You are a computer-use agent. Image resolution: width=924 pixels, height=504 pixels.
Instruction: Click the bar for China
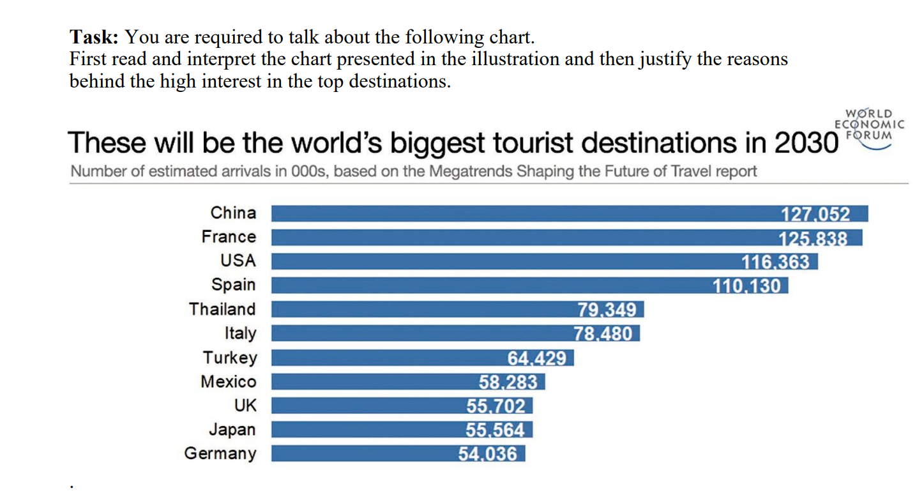coord(511,213)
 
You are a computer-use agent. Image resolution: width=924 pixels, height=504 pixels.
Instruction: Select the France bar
coord(511,238)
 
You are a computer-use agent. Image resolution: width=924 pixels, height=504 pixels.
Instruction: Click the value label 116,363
coord(775,262)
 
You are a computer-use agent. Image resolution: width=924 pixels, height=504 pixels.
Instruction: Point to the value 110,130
coord(746,286)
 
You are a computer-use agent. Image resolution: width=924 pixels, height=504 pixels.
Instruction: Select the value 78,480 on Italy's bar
coord(603,334)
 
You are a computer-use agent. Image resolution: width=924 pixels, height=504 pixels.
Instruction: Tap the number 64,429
coord(537,358)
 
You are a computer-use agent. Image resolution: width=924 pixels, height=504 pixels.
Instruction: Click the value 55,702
coord(496,406)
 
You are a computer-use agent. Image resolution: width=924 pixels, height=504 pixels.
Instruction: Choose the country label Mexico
coord(228,382)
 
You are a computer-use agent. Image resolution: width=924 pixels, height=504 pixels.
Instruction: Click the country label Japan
coord(232,430)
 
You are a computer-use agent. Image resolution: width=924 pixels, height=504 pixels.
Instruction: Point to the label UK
coord(245,406)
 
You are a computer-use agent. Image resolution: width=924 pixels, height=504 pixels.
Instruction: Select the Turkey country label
coord(230,358)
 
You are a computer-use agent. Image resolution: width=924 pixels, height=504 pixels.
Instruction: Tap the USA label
coord(237,261)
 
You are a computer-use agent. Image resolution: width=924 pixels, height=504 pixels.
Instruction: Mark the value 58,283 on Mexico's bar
coord(508,382)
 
